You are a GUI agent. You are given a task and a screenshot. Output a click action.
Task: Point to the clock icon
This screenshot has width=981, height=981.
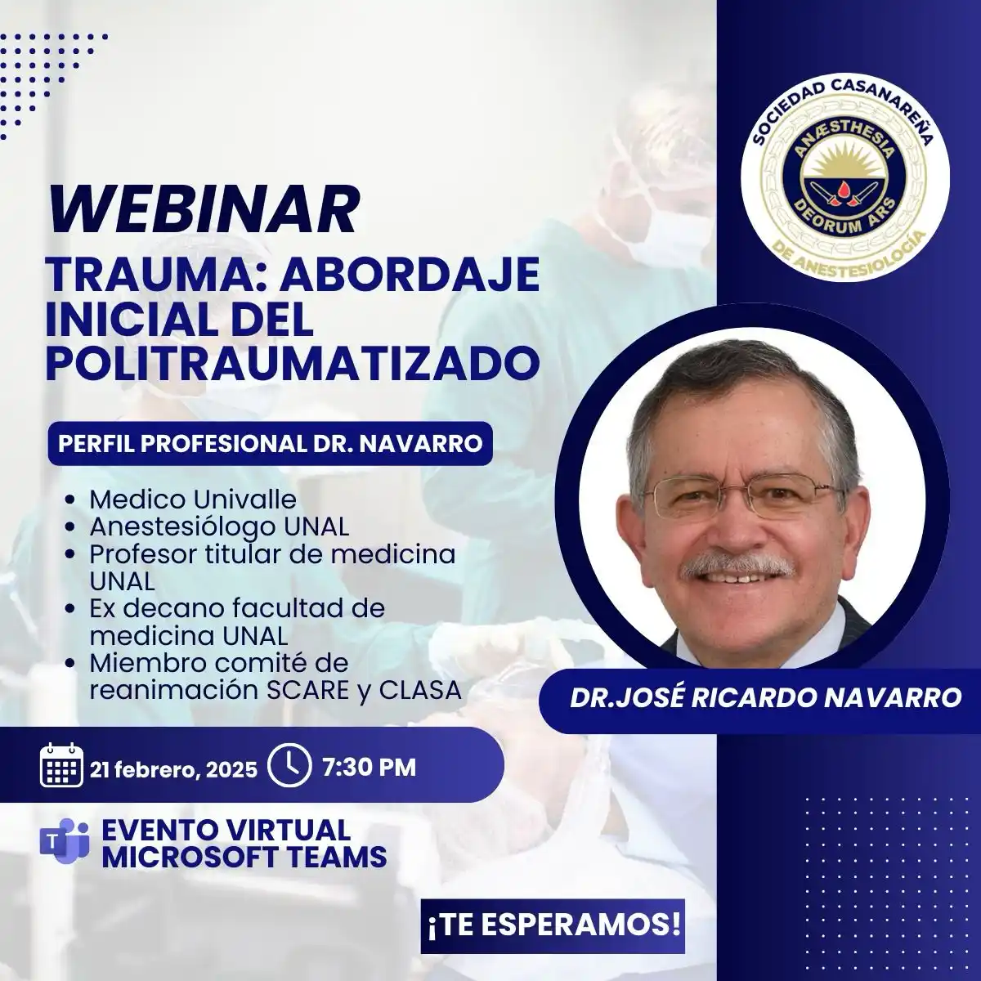[x=289, y=766]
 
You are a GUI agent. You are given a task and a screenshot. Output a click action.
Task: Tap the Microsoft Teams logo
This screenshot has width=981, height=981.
[x=64, y=841]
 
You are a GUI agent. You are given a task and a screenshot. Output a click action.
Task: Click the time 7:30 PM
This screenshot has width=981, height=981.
[x=369, y=767]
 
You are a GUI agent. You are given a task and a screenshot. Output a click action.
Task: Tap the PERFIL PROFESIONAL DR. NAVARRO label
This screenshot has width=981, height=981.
[x=271, y=443]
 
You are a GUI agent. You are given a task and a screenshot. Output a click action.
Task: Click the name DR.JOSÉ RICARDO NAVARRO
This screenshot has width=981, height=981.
[x=766, y=698]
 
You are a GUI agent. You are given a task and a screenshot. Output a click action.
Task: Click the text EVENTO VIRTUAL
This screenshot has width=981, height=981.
[x=226, y=831]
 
